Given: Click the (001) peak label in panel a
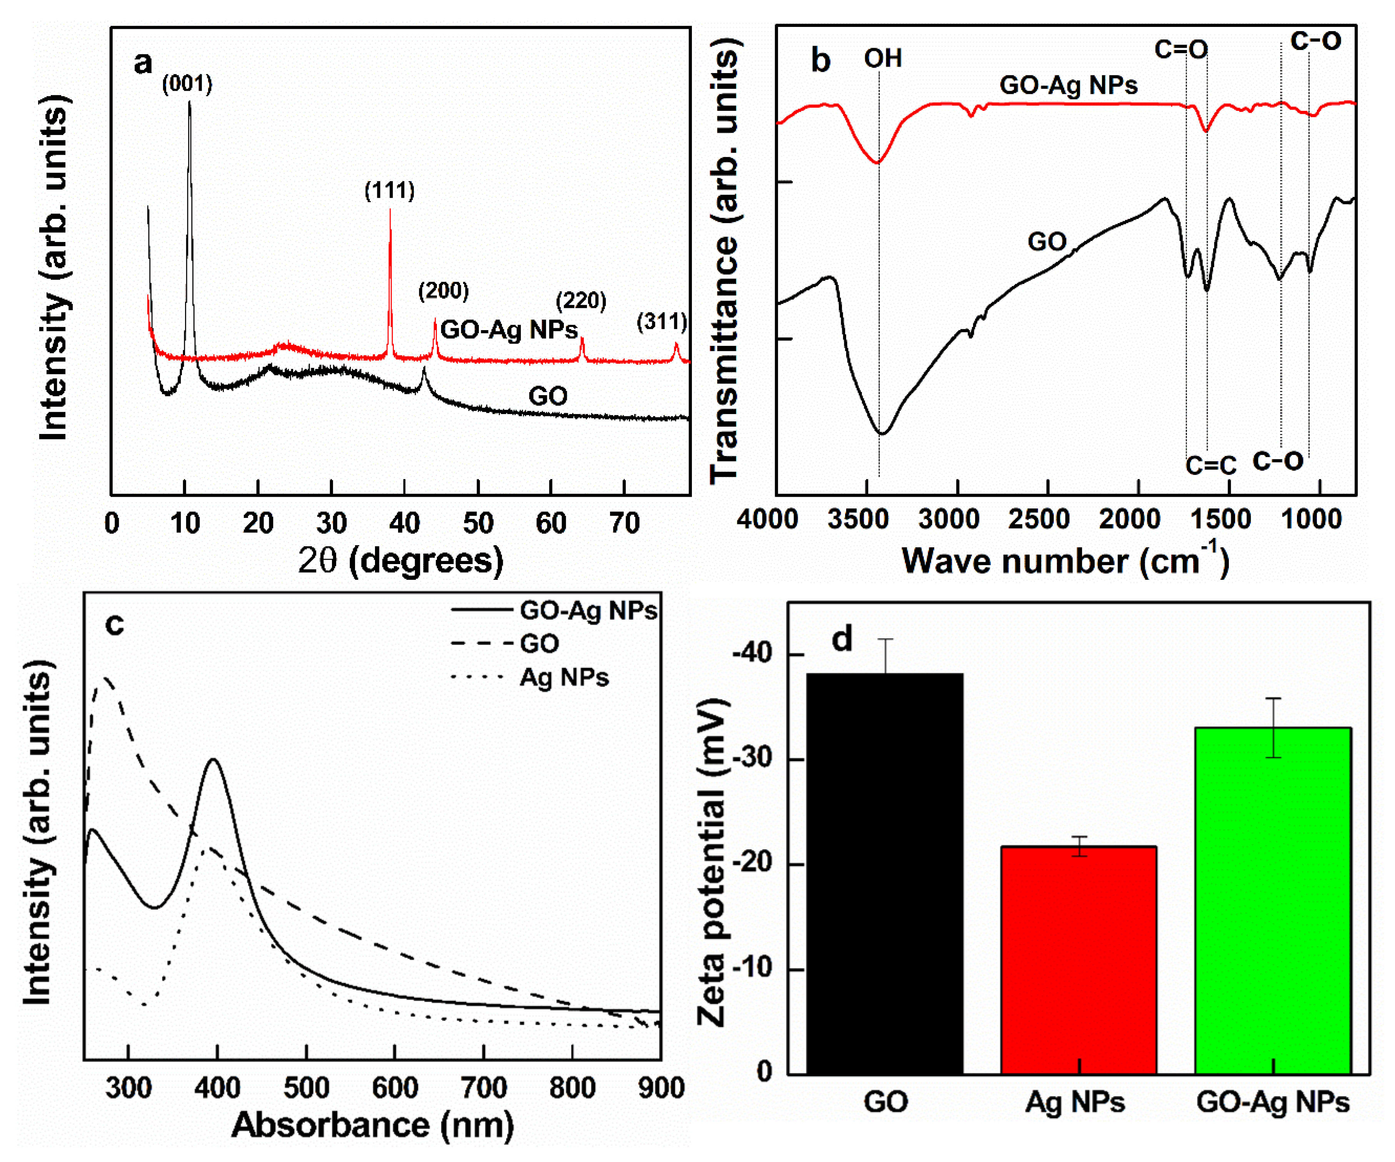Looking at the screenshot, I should coord(187,84).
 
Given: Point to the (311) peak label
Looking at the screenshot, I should coord(662,322).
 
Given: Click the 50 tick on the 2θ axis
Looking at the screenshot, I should coord(478,524).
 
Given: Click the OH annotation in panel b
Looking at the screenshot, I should coord(883,58).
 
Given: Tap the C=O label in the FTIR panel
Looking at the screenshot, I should coord(1181,49).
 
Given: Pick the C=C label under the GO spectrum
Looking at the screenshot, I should coord(1211,466).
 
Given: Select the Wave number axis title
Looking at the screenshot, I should coord(1065,560).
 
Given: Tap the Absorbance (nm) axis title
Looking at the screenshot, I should coord(372,1125).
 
